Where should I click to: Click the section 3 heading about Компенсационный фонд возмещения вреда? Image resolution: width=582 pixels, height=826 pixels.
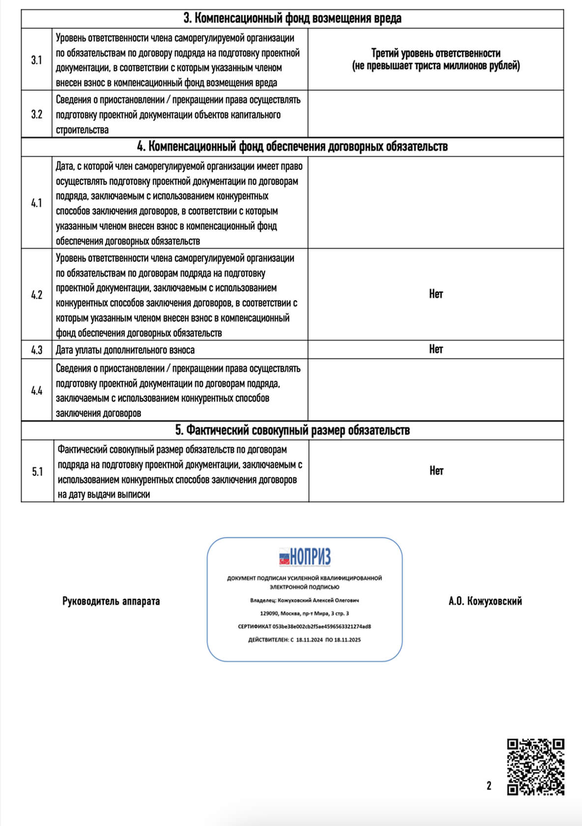pos(292,19)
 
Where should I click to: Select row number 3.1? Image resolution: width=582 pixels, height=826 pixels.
pos(37,60)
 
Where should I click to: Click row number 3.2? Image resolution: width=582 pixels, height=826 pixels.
pos(37,115)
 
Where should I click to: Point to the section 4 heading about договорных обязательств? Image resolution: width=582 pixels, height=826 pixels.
pos(292,147)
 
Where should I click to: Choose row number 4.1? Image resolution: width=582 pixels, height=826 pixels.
pos(37,203)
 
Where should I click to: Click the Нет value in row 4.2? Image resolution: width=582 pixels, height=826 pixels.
pos(436,294)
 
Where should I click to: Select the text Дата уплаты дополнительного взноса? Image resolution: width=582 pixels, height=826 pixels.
pos(125,350)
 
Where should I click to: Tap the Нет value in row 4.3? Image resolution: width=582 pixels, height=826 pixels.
pos(436,349)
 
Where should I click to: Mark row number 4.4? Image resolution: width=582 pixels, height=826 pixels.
pos(37,391)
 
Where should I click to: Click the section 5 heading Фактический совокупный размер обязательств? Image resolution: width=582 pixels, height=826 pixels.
pos(292,430)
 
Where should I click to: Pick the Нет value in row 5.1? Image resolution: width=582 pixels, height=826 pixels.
pos(436,471)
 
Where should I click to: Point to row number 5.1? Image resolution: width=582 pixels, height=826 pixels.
pos(37,472)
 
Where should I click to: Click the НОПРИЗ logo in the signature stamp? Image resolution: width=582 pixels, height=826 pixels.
pos(305,557)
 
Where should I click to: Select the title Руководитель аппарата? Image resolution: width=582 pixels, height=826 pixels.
pos(111,601)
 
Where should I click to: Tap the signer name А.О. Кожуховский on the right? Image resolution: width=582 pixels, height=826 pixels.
pos(485,601)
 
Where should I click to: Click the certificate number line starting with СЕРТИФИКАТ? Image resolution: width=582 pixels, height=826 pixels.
pos(304,627)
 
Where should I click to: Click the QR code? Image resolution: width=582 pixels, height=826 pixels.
pos(535,767)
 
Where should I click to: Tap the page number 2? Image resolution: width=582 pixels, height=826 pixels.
pos(489,786)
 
